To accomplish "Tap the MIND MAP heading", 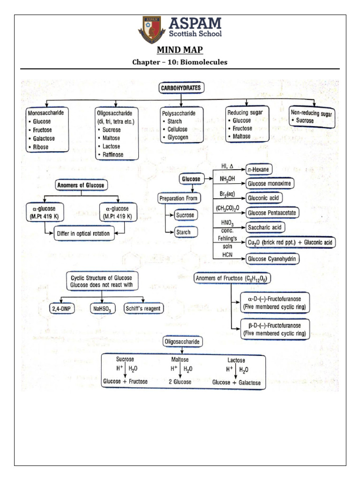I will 180,51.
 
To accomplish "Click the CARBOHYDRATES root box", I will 181,88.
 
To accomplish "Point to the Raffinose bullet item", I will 111,154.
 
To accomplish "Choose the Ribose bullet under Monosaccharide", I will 44,147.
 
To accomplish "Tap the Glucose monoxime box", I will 270,184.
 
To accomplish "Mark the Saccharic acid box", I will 265,227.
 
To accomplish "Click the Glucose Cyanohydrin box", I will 273,258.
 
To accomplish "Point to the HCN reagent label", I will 219,255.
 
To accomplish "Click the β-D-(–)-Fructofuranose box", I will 274,329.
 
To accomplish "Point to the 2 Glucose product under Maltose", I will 180,382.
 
